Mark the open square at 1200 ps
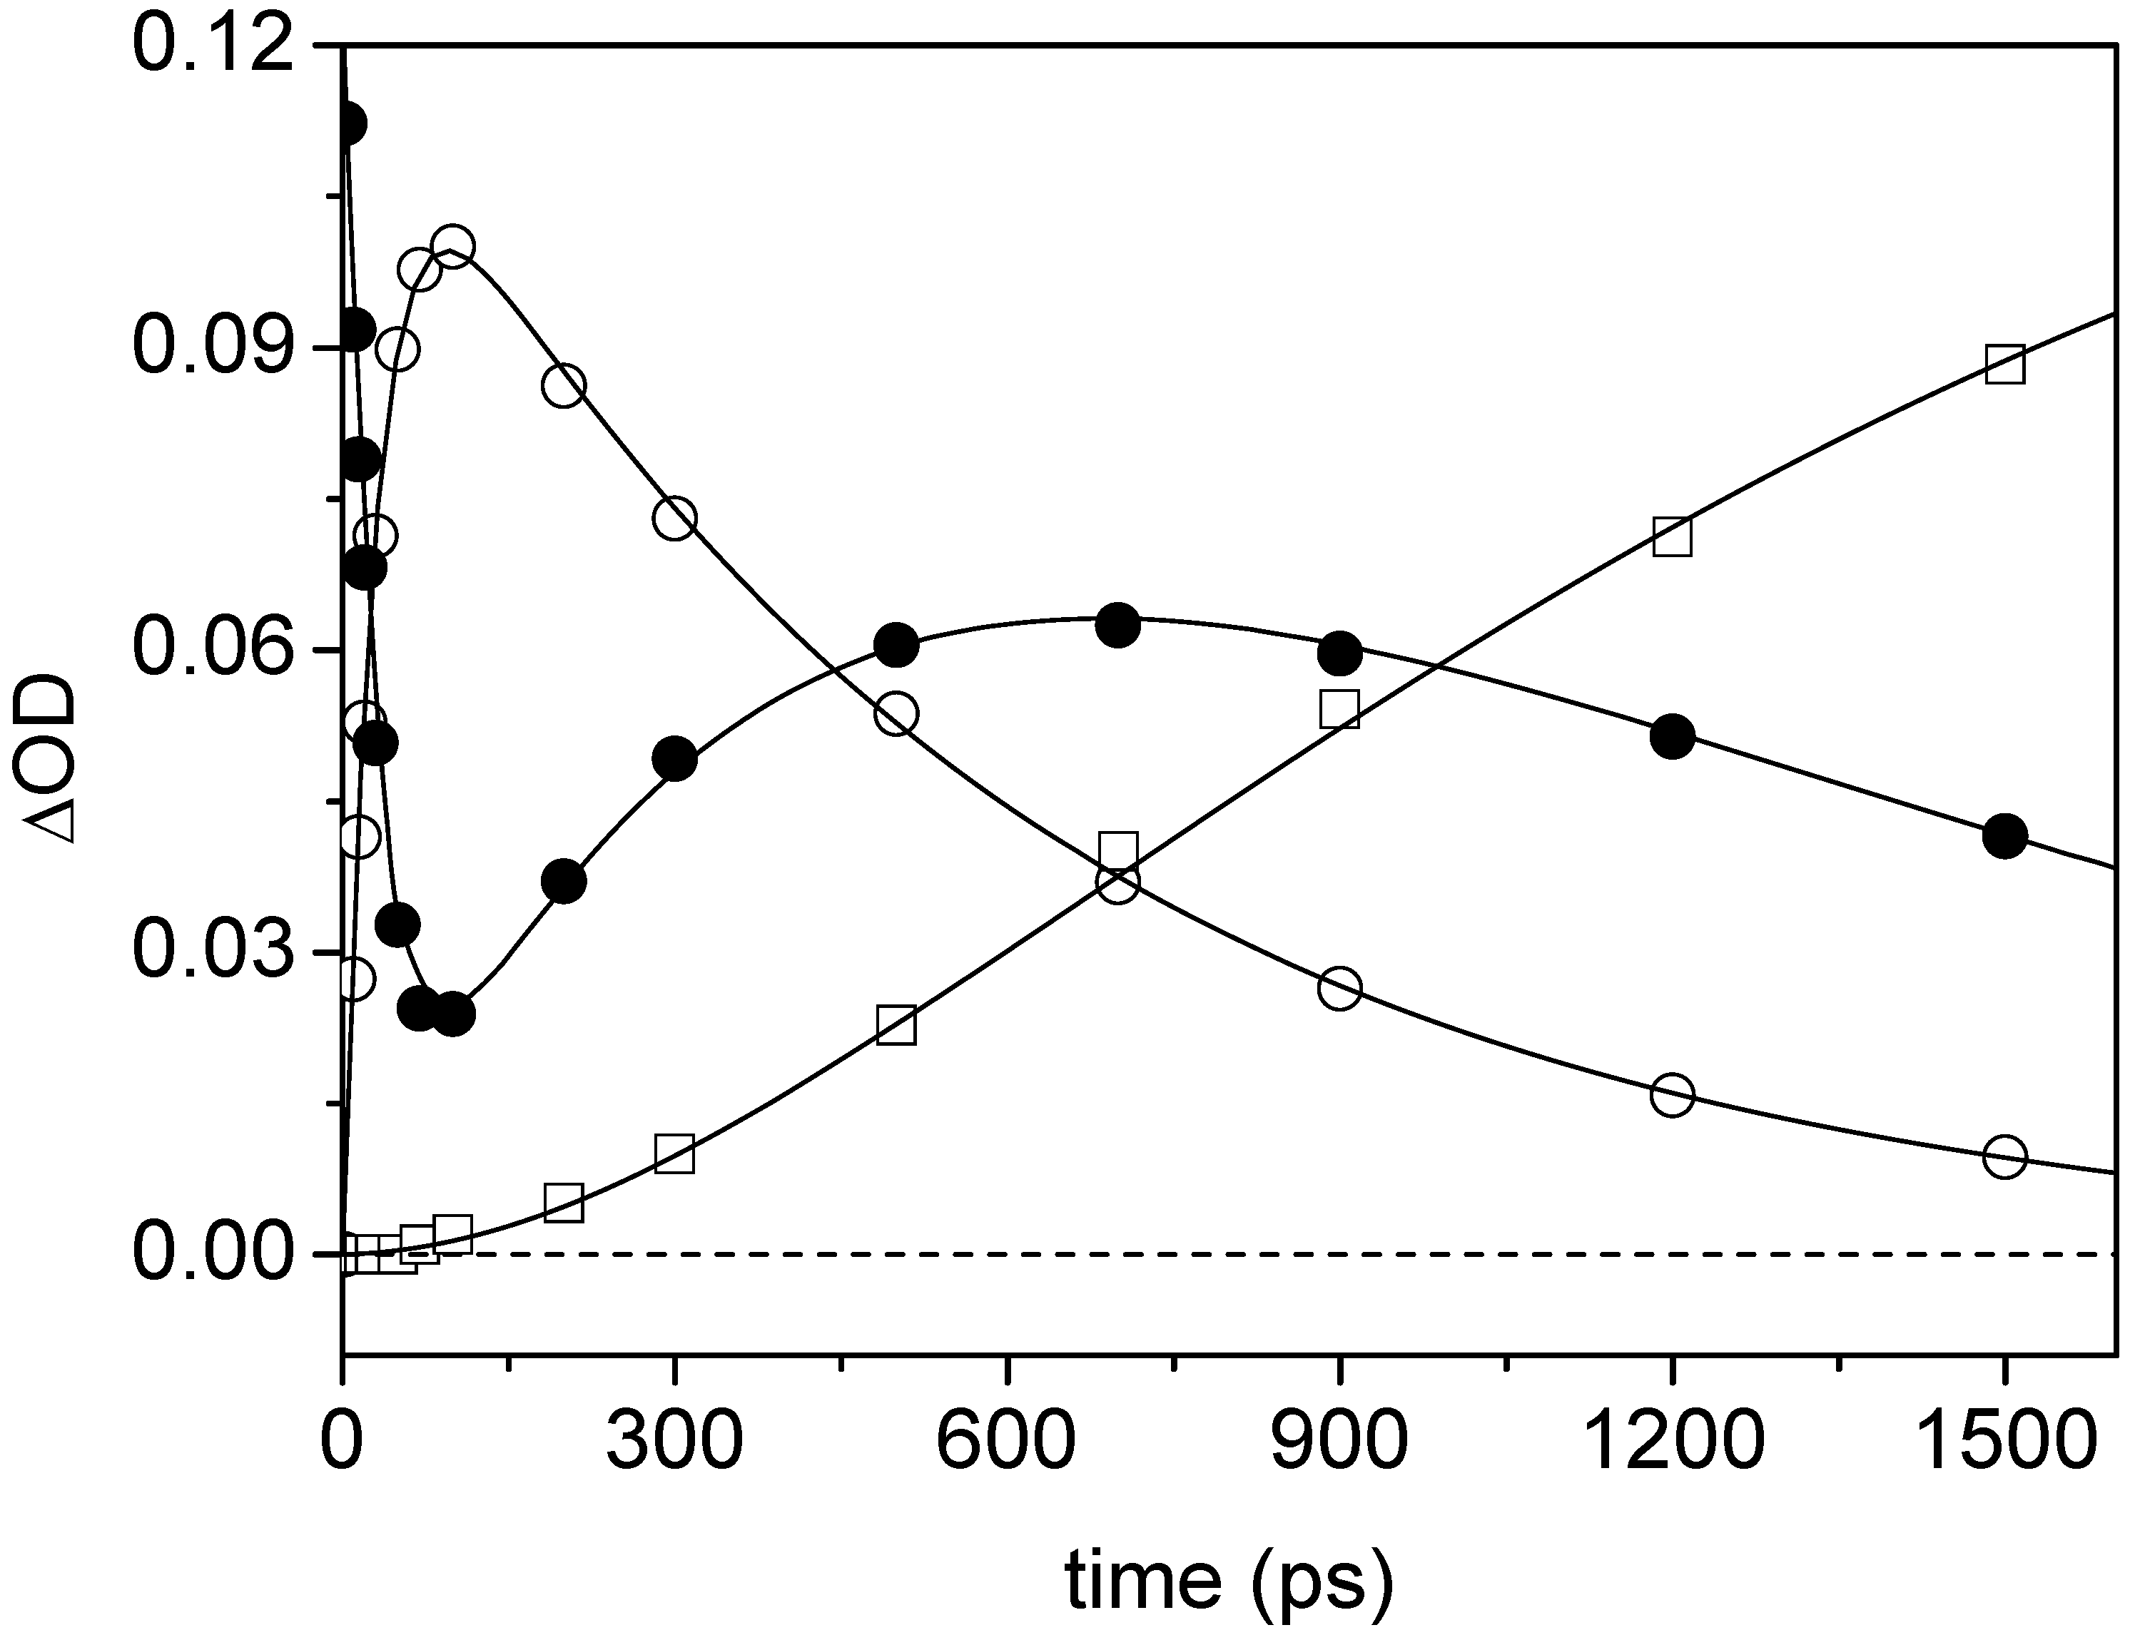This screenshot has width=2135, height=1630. [x=1672, y=536]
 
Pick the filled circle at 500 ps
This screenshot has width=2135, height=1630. [x=896, y=644]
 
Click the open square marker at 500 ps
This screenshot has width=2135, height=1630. [x=896, y=1024]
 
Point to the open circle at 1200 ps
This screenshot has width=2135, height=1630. [x=1672, y=1096]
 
